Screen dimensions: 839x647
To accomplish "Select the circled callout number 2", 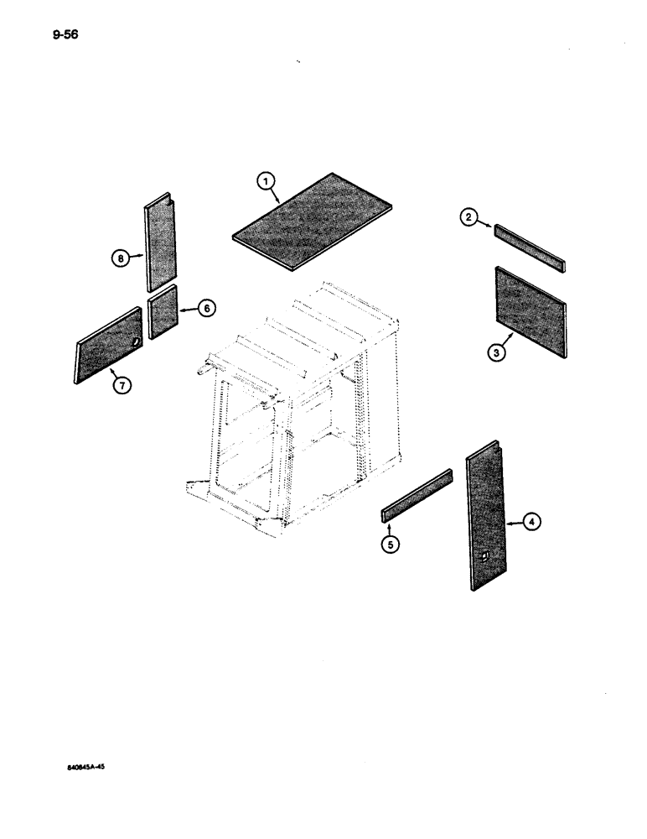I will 469,218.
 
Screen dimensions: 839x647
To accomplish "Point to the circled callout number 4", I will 532,522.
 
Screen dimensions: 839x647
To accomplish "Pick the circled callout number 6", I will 205,309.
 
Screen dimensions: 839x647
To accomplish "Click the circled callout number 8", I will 122,259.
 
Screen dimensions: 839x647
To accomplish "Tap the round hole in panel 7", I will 136,341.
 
